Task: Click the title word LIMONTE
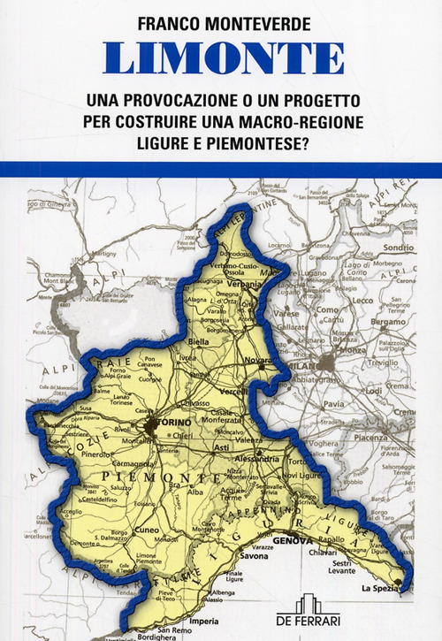click(224, 58)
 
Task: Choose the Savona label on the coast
click(254, 556)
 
